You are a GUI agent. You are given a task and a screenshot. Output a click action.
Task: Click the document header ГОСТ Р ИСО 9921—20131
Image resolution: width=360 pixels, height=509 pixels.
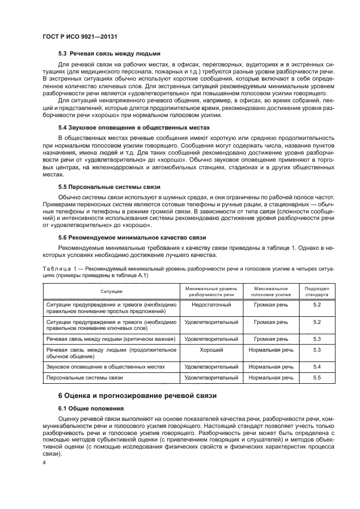pyautogui.click(x=80, y=36)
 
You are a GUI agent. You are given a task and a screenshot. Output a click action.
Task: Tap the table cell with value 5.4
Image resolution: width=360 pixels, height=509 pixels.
pyautogui.click(x=317, y=366)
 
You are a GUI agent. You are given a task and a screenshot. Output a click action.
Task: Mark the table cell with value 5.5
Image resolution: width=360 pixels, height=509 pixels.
pyautogui.click(x=317, y=377)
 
